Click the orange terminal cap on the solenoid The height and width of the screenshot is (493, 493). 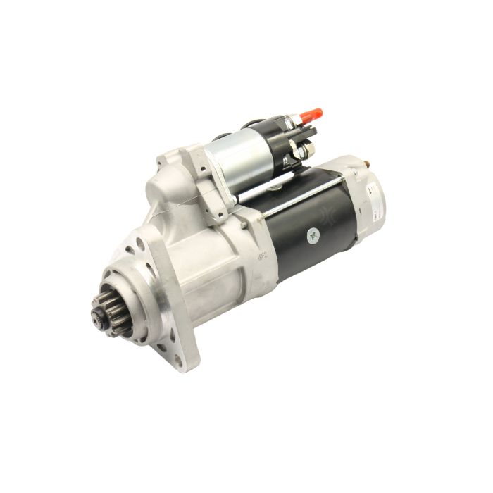point(310,114)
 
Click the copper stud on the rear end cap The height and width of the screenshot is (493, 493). point(365,164)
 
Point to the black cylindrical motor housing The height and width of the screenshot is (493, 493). point(310,232)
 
